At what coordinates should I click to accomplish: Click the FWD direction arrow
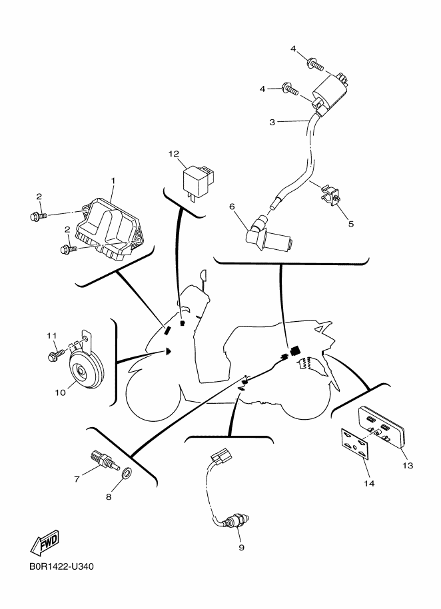pos(45,542)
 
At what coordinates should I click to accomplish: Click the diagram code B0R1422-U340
pos(61,566)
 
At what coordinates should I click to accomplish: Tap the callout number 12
pos(173,154)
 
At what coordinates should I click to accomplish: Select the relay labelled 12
pos(199,181)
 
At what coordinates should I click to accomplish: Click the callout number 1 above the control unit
pos(113,181)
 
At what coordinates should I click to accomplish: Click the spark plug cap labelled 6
pos(268,235)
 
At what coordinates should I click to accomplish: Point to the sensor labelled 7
pos(104,460)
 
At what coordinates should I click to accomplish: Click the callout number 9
pos(241,547)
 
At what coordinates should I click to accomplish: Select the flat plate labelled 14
pos(355,444)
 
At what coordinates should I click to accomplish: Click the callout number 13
pos(408,465)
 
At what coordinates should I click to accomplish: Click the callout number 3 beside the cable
pos(272,123)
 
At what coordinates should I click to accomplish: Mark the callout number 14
pos(369,484)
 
